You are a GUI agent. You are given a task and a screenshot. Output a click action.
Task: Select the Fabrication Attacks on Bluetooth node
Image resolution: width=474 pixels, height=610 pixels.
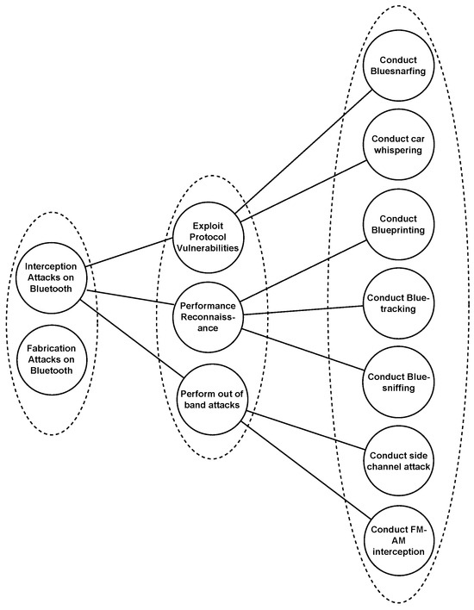[x=52, y=358]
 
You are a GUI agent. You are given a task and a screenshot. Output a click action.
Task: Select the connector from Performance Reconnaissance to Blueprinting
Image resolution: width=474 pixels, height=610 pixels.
[x=302, y=269]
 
